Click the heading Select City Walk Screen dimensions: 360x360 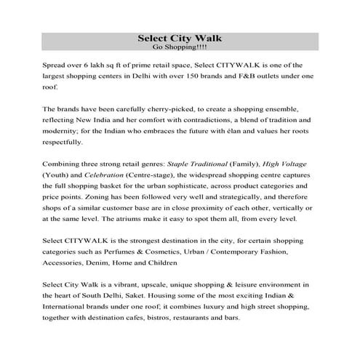click(x=180, y=38)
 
